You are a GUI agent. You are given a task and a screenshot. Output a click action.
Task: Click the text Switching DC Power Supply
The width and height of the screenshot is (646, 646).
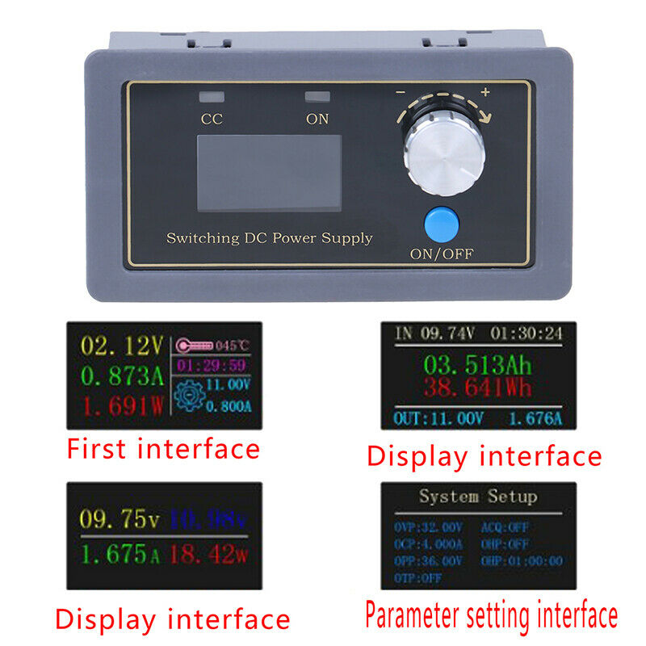[x=269, y=238]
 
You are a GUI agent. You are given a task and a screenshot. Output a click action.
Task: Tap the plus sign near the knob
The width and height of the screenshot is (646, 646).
[x=485, y=92]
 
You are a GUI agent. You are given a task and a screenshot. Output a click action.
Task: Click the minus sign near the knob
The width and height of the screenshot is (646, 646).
[x=400, y=93]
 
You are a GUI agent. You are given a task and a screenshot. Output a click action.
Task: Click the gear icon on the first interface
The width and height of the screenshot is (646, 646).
[x=188, y=396]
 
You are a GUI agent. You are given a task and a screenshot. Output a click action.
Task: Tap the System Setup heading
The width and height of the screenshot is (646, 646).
[x=477, y=497]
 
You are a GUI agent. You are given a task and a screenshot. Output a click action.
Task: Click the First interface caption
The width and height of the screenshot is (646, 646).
[x=162, y=449]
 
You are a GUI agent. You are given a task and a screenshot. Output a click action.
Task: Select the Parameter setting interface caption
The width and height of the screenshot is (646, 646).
[x=491, y=617]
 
